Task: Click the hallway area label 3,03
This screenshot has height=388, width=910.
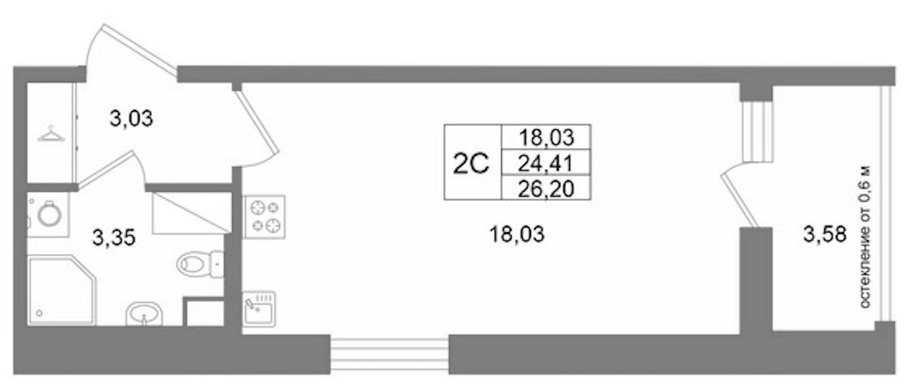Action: click(131, 118)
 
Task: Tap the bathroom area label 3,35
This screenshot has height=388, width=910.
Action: click(114, 238)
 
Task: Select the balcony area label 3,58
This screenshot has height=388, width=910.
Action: click(825, 235)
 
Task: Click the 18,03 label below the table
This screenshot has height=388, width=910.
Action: click(517, 235)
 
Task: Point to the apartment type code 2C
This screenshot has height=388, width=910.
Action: click(471, 164)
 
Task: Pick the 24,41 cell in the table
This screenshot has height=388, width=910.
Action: click(546, 164)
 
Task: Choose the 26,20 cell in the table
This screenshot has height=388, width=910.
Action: click(546, 189)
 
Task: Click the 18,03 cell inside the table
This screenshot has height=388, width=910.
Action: click(547, 137)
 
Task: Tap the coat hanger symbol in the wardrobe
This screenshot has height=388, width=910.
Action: click(51, 134)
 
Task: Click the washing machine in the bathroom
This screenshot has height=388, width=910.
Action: click(48, 215)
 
